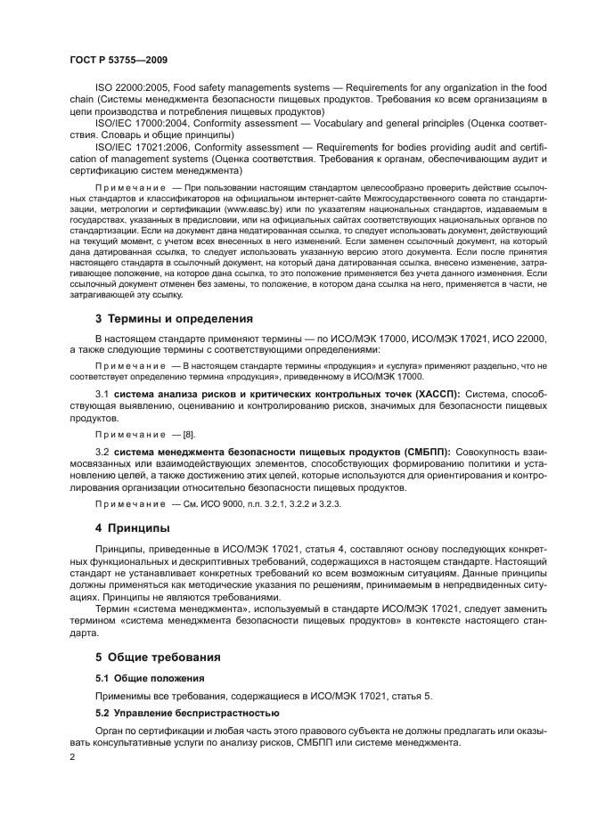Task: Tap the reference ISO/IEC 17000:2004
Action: coord(136,122)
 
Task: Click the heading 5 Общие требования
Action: coord(158,657)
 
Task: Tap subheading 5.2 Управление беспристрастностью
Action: coord(187,712)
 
